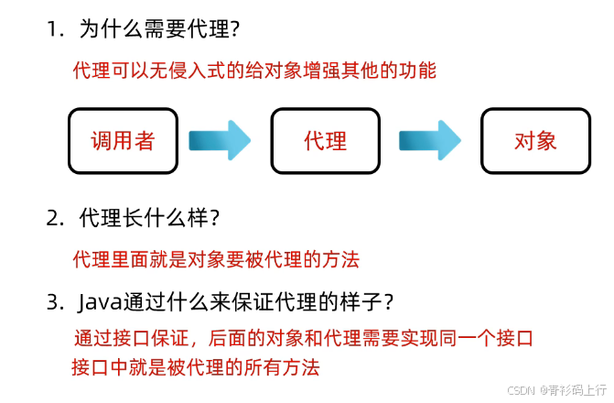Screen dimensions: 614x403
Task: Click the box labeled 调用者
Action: [122, 141]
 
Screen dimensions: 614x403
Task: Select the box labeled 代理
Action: [325, 141]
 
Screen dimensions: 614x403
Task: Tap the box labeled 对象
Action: [535, 141]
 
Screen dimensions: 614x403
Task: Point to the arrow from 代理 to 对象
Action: [429, 140]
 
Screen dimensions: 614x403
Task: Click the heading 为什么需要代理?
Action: [160, 29]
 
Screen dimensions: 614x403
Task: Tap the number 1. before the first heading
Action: [57, 29]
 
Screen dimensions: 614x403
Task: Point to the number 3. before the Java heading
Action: [57, 300]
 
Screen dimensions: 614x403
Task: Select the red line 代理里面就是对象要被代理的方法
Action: [216, 259]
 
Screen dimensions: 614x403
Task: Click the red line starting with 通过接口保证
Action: [303, 338]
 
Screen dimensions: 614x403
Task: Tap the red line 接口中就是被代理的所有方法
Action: [196, 367]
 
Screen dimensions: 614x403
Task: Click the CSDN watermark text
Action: [522, 389]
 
